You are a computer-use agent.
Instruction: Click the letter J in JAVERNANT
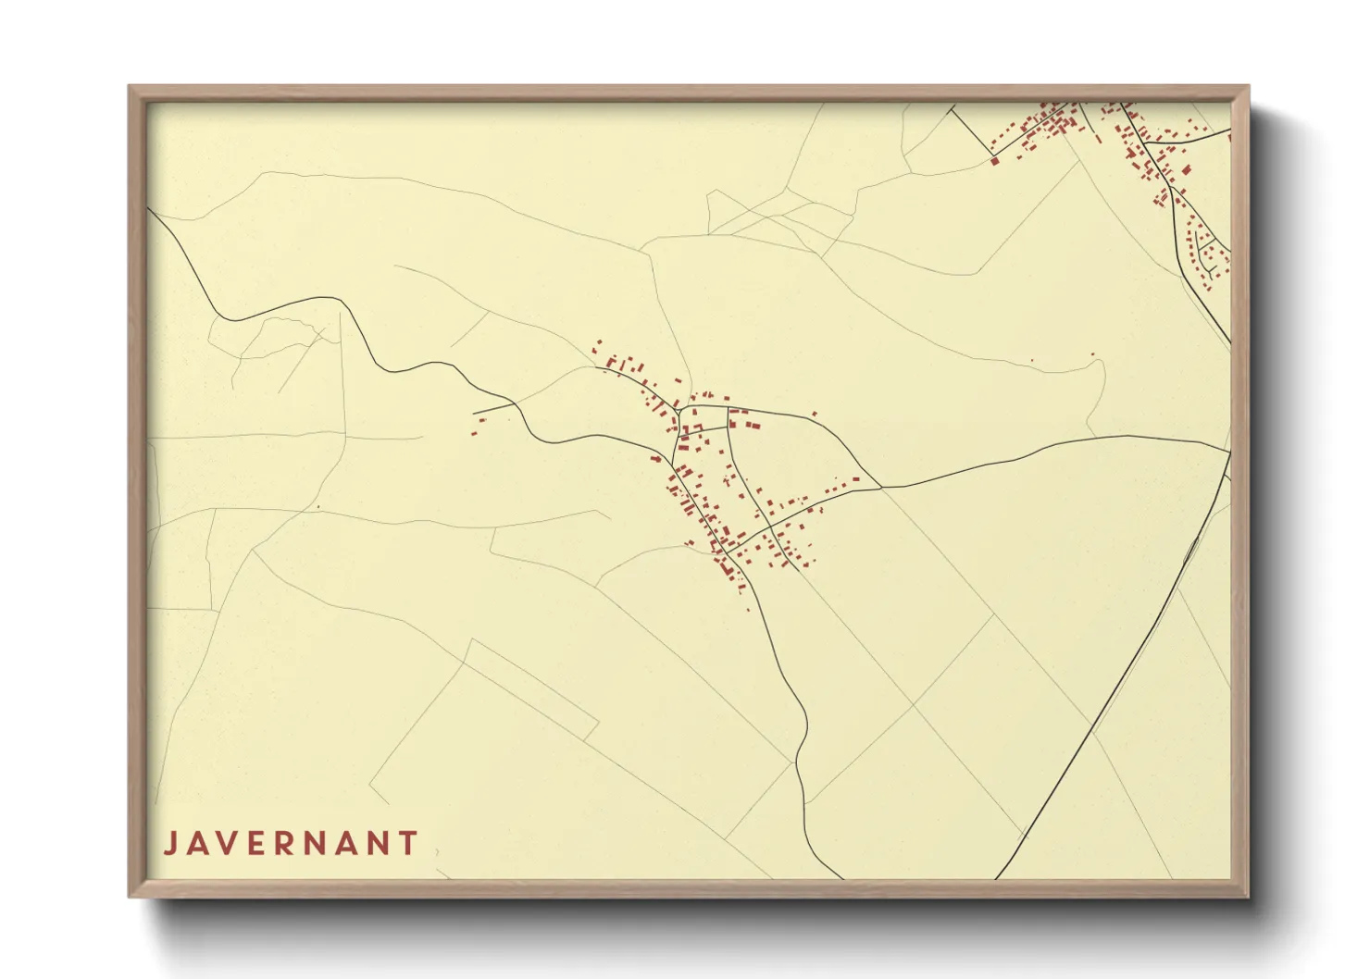click(x=170, y=844)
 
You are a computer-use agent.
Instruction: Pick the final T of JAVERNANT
click(x=407, y=844)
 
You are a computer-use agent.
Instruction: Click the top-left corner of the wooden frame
click(x=129, y=86)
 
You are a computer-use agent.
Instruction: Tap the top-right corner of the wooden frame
click(x=1249, y=86)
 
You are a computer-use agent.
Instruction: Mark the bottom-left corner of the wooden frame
click(x=129, y=896)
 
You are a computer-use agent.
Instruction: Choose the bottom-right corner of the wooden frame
click(x=1249, y=896)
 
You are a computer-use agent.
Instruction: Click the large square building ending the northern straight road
click(x=995, y=161)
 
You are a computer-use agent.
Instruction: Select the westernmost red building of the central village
click(x=474, y=432)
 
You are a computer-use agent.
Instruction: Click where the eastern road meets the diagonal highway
click(x=1229, y=452)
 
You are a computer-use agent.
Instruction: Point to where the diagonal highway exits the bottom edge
click(x=997, y=878)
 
